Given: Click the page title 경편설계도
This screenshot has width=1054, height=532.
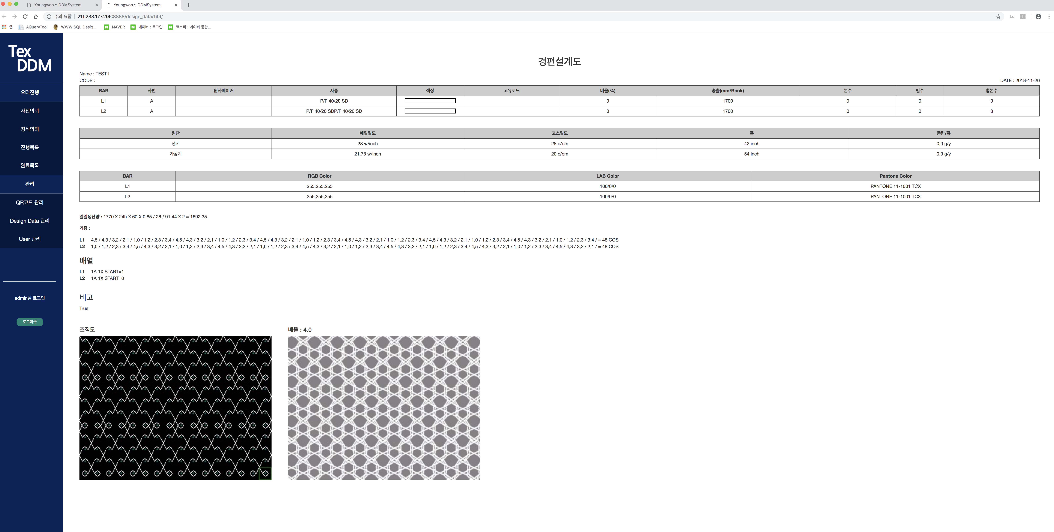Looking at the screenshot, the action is pyautogui.click(x=559, y=61).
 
